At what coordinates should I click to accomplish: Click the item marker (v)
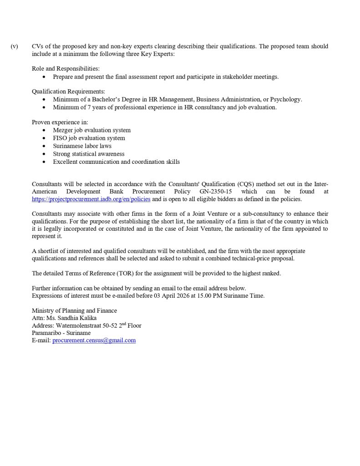click(x=15, y=46)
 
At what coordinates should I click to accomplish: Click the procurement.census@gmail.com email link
click(x=94, y=340)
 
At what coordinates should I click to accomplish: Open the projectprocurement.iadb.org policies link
click(x=91, y=199)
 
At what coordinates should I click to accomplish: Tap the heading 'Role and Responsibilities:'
click(x=66, y=69)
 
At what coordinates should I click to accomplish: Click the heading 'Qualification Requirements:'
click(x=68, y=91)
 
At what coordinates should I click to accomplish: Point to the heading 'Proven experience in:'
click(x=60, y=122)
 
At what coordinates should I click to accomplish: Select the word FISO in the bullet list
click(x=60, y=138)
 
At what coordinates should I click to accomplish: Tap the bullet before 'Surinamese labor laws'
click(x=44, y=146)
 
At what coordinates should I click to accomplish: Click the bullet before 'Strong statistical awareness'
click(x=44, y=154)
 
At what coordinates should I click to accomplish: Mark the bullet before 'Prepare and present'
click(x=44, y=77)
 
